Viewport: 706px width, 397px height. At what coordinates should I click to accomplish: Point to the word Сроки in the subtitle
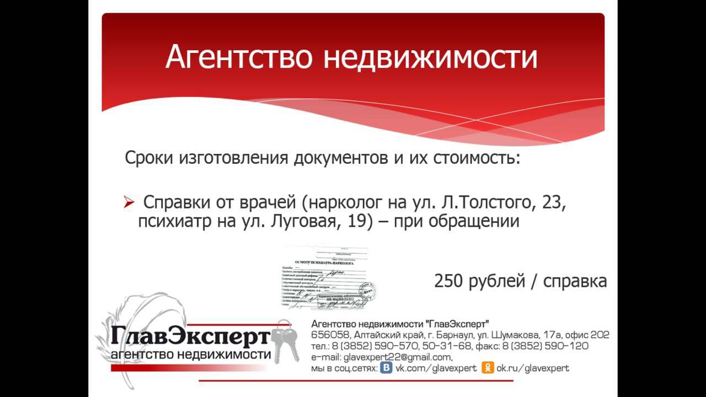(x=150, y=159)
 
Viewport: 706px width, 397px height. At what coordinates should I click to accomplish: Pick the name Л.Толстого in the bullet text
(x=489, y=203)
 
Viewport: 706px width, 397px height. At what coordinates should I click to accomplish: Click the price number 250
(x=448, y=281)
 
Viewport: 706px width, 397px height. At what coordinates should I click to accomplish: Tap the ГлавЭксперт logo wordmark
(x=190, y=336)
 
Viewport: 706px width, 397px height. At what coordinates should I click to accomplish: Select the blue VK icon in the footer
(x=387, y=368)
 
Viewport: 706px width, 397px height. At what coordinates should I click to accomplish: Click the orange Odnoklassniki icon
(x=488, y=368)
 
